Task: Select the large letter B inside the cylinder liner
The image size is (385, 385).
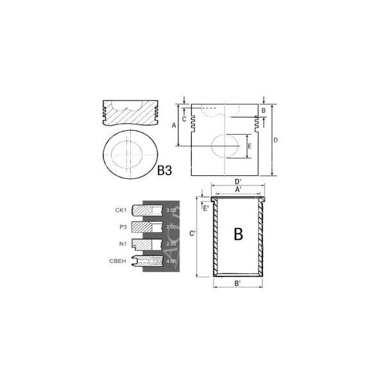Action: (x=237, y=234)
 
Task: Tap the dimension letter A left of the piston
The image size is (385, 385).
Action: (x=174, y=126)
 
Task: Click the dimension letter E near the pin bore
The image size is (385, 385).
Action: (x=249, y=147)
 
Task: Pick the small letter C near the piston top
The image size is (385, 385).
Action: (x=184, y=119)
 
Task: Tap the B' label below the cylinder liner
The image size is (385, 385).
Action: (x=237, y=283)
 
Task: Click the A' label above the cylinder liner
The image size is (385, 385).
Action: (x=237, y=189)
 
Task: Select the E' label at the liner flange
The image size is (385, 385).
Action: (x=206, y=207)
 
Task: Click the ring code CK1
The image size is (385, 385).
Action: (x=121, y=210)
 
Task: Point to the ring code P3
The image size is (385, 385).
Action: (x=122, y=227)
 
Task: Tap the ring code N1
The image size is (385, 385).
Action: (x=122, y=243)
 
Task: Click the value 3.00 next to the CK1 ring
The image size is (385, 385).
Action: (x=171, y=210)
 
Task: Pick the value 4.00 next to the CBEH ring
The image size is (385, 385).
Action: (x=171, y=261)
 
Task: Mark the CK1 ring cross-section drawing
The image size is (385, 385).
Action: (x=146, y=210)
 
